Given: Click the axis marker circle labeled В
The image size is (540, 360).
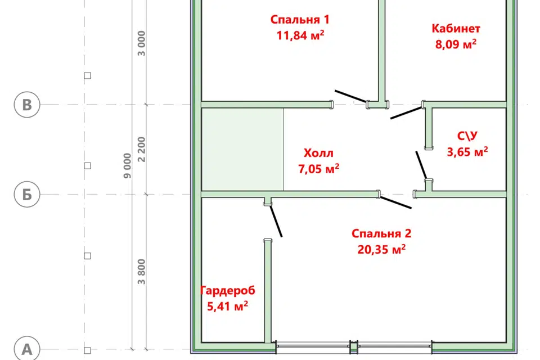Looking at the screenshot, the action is coord(27,105).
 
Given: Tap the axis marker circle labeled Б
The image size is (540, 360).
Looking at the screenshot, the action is coord(27,194).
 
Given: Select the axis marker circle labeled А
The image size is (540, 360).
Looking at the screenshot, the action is coord(27,349).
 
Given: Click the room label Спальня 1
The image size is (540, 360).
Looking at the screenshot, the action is coord(300,20).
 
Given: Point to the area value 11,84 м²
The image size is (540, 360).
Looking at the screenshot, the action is coord(300,35).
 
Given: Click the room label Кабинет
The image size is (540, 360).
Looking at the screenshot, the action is coord(456,28).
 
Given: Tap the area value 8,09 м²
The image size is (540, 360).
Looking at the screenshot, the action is coord(456,44).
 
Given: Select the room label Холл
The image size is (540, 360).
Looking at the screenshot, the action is coord(318,153).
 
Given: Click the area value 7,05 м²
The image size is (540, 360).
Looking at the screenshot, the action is coord(318,169).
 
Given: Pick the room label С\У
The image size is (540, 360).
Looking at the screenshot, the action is coord(467,136).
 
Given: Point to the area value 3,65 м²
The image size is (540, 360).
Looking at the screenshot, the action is coord(467,151).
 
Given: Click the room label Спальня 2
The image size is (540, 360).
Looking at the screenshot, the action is coord(381,233).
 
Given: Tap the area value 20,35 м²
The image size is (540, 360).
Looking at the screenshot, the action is coord(381,249).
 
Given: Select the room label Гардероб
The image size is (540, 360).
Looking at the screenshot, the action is coord(228,290).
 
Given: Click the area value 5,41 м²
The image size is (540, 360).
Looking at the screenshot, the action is coord(227,306).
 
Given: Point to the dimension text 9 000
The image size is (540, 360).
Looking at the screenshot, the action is coord(128,166).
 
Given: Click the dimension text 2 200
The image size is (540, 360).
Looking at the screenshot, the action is coord(142,150).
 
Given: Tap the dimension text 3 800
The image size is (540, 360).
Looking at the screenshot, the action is coord(142,272).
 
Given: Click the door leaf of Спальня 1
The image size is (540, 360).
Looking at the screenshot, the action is coord(351,96).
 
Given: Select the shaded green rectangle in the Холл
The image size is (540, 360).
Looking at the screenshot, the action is coord(242,150).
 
